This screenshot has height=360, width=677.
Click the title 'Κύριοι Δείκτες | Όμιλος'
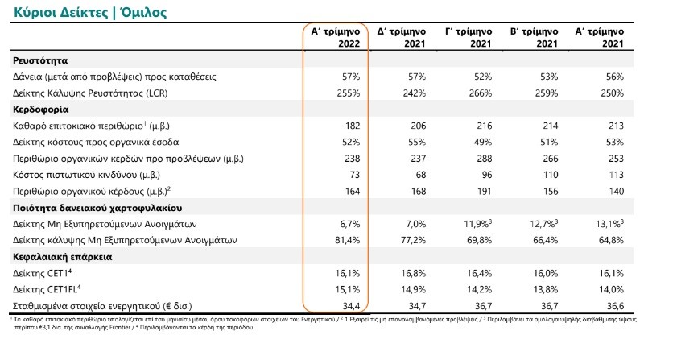[90, 11]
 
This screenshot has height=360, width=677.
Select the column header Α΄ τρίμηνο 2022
[336, 38]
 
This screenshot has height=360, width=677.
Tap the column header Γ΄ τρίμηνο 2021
[469, 38]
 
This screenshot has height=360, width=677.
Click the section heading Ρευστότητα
[40, 60]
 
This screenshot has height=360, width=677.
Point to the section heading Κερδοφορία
[40, 110]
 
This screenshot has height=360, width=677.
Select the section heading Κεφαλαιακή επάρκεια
[62, 257]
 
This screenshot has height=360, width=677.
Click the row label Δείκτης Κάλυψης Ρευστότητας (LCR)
[90, 93]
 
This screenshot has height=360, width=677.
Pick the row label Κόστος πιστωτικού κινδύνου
[86, 175]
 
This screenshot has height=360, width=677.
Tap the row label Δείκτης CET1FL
[47, 290]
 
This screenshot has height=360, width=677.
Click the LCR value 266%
[480, 93]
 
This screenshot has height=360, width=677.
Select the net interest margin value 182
[353, 126]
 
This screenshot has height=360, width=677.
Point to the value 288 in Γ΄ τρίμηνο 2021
[484, 159]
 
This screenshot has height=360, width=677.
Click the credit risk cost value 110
[550, 175]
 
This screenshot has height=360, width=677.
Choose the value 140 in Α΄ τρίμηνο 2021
[616, 192]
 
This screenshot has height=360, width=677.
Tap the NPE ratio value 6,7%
[349, 225]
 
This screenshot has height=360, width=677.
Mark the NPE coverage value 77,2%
[413, 240]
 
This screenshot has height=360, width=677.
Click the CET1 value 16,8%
[413, 273]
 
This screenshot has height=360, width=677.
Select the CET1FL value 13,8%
[545, 290]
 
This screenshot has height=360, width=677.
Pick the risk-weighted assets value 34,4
[352, 306]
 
